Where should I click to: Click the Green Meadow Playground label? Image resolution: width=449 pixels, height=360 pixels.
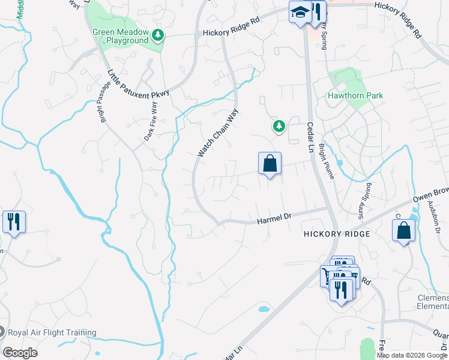[x=120, y=36]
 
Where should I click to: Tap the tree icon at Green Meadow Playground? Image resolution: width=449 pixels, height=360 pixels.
[x=158, y=35]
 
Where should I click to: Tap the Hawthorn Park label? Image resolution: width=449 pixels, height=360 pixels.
[x=355, y=96]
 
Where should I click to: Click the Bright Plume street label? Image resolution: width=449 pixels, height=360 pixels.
[x=327, y=161]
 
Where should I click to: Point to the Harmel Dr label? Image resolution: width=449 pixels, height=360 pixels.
[x=274, y=221]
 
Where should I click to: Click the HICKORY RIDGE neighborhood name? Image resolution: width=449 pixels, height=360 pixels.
[x=336, y=233]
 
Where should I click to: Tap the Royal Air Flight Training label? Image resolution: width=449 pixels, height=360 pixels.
[x=52, y=332]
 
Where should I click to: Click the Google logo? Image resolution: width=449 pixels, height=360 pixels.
[x=20, y=353]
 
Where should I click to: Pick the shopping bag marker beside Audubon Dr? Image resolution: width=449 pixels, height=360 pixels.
[x=403, y=231]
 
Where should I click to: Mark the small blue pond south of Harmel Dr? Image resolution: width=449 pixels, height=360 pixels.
[x=264, y=310]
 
